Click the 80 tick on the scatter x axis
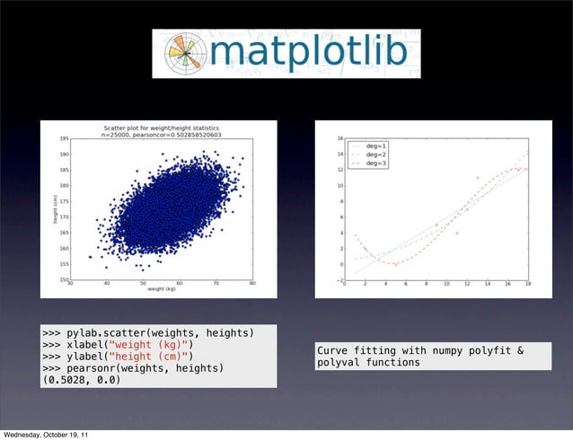coord(251,285)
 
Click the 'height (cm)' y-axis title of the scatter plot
coord(53,209)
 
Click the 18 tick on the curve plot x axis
coord(527,285)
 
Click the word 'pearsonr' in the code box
coord(108,368)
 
